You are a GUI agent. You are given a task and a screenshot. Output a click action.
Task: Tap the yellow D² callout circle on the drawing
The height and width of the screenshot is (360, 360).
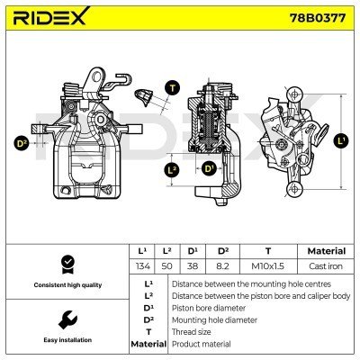pyautogui.click(x=21, y=142)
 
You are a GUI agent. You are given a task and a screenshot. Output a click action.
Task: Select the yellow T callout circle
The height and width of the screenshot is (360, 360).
pyautogui.click(x=173, y=87)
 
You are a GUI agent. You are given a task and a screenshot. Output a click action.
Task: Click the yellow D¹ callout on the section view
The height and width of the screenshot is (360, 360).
pyautogui.click(x=209, y=168)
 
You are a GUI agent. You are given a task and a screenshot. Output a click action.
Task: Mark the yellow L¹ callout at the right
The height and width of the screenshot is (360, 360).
pyautogui.click(x=339, y=140)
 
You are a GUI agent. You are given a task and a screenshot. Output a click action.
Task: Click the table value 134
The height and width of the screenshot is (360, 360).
pyautogui.click(x=140, y=265)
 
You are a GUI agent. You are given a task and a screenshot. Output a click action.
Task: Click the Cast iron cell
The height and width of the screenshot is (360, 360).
pyautogui.click(x=327, y=265)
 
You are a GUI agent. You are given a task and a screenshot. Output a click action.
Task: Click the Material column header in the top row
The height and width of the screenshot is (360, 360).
pyautogui.click(x=327, y=250)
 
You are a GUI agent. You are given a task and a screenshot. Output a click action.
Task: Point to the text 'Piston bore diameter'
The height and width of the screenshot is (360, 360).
pyautogui.click(x=208, y=307)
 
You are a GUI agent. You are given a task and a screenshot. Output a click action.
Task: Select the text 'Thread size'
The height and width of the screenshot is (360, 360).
pyautogui.click(x=193, y=331)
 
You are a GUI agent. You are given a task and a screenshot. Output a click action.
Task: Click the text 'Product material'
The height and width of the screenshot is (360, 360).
pyautogui.click(x=201, y=344)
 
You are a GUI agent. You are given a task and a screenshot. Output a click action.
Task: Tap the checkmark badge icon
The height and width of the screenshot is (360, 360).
pyautogui.click(x=65, y=264)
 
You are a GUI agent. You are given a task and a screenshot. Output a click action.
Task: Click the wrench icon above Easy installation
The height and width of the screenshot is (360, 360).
pyautogui.click(x=65, y=319)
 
